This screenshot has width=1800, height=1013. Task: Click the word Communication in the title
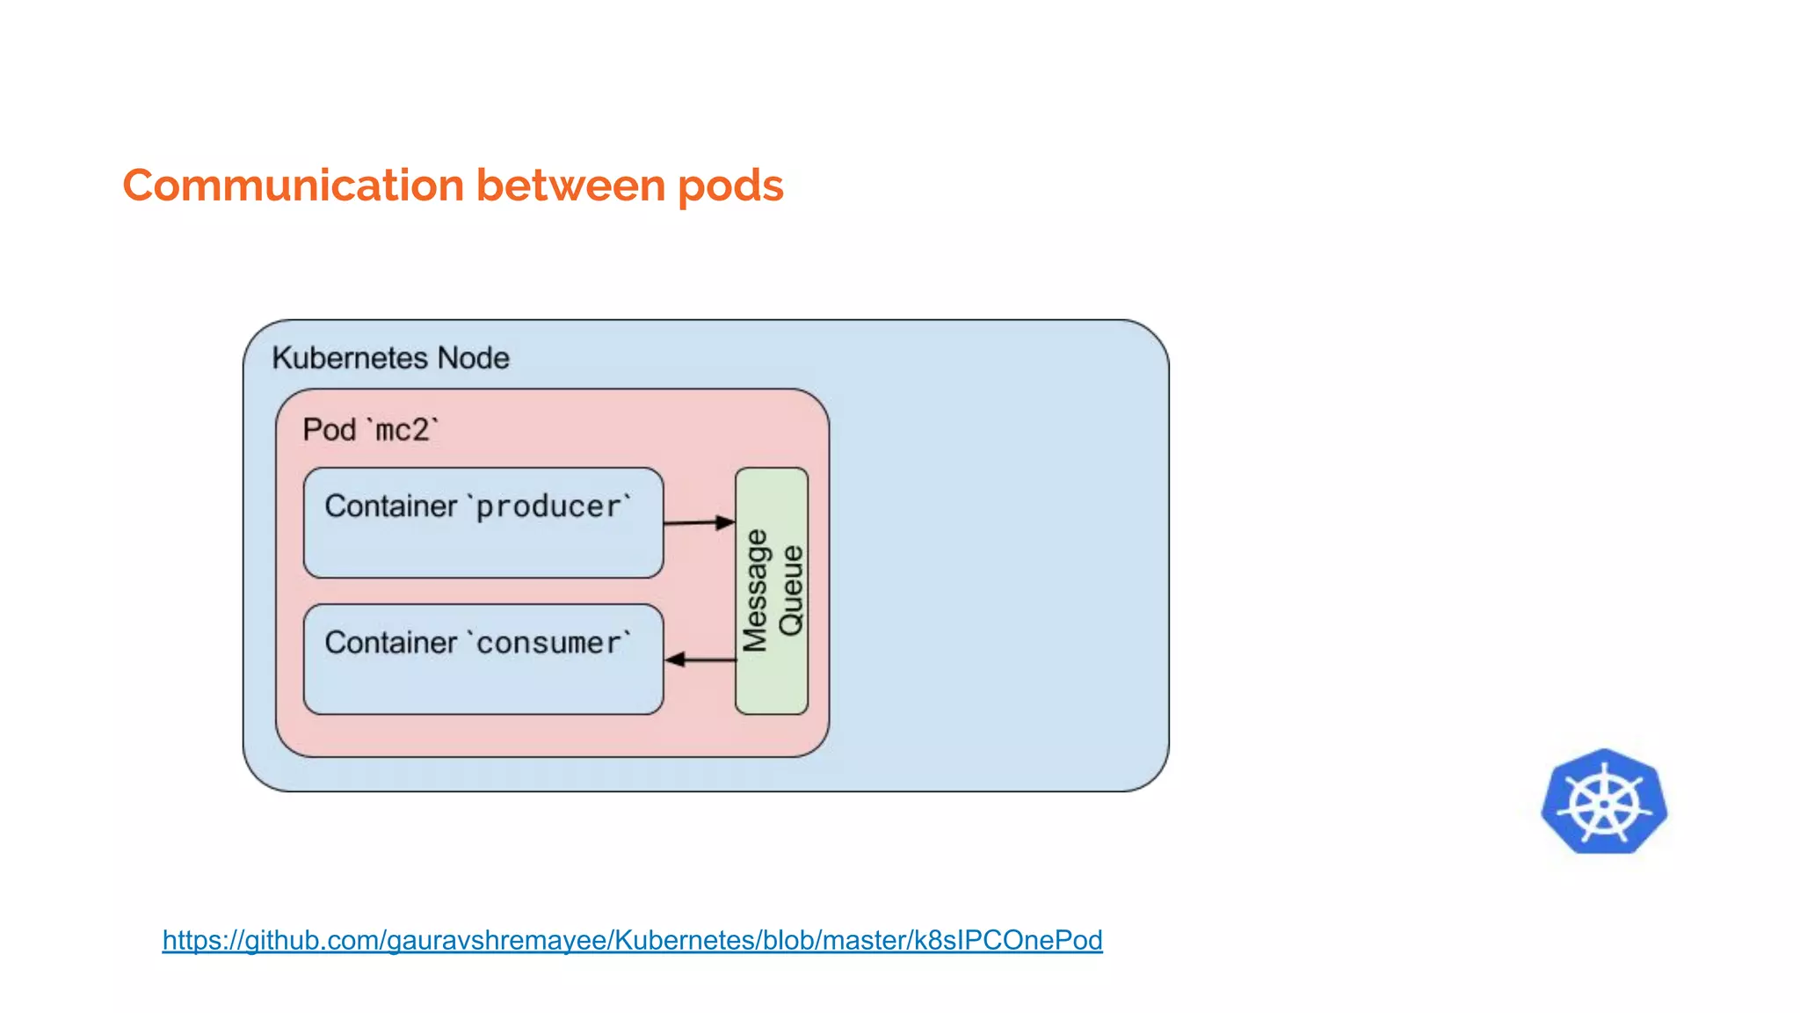tap(293, 186)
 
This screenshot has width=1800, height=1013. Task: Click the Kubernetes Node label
tap(390, 358)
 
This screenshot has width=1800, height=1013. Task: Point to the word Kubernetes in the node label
tap(350, 358)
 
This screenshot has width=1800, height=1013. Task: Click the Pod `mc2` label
tap(370, 430)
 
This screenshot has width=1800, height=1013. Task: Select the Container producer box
tap(483, 545)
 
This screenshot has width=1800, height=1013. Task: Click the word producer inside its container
tap(548, 507)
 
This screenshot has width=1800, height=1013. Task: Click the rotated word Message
tap(755, 590)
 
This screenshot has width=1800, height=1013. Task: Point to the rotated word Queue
tap(791, 590)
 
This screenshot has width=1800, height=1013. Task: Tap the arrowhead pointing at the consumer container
tap(674, 660)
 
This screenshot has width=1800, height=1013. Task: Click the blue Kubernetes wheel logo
tap(1604, 802)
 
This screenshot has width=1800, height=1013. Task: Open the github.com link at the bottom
tap(632, 940)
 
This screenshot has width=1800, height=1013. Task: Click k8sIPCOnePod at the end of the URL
tap(1008, 940)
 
